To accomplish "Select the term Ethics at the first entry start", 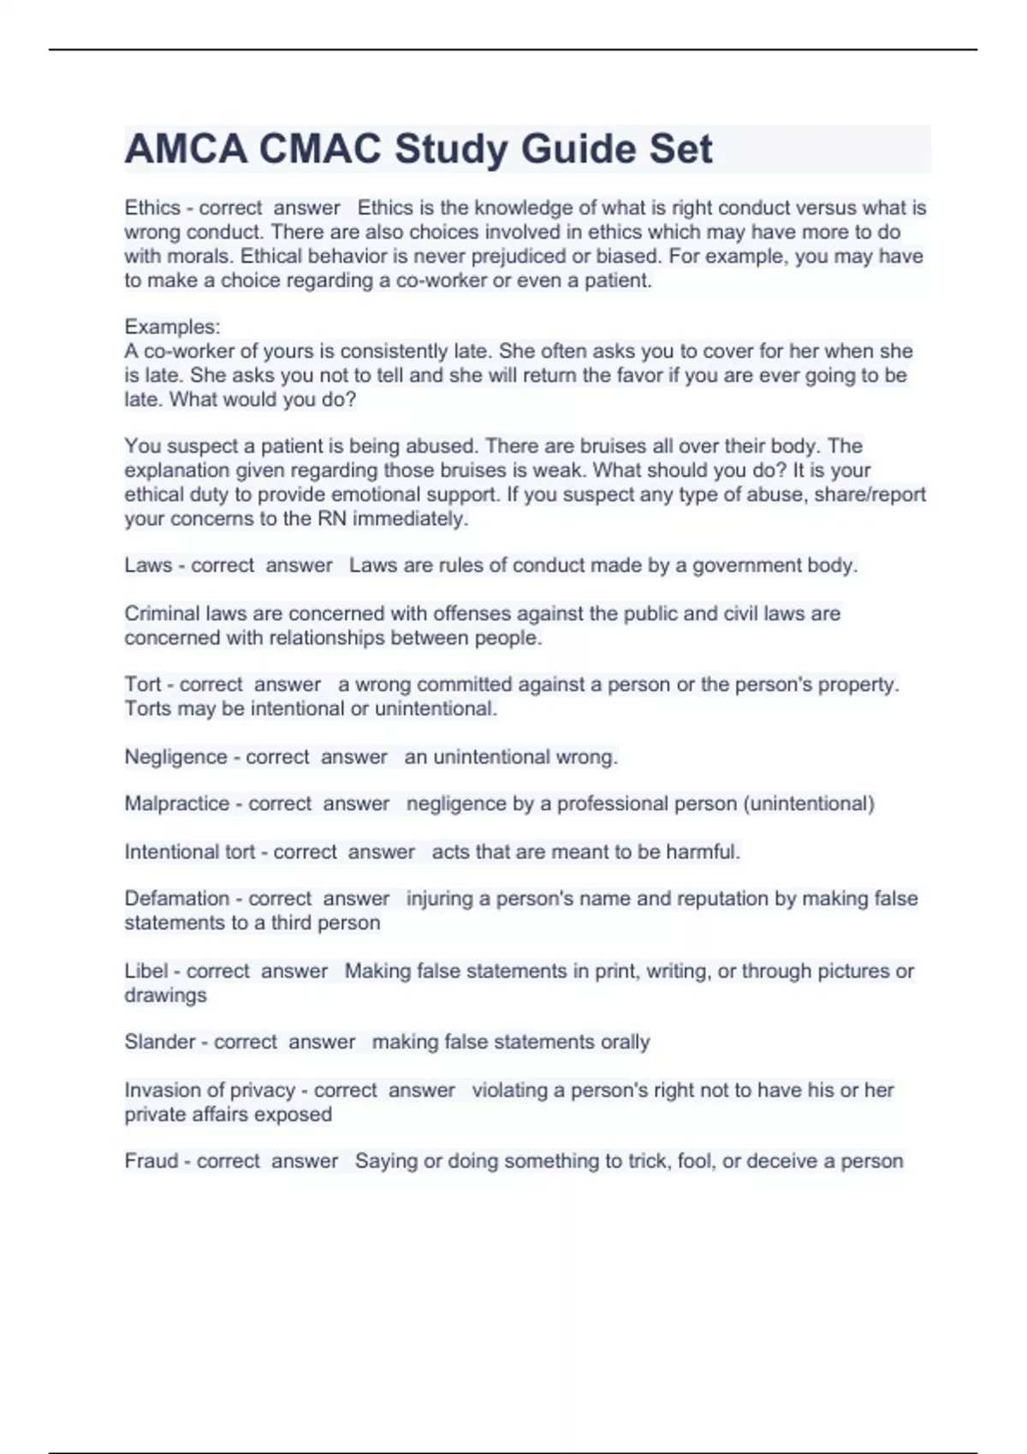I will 152,208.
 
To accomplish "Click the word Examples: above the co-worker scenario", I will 172,327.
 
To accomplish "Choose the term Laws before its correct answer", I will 148,565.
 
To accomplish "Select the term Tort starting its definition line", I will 142,684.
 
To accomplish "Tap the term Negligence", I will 175,757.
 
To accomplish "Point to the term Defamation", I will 177,899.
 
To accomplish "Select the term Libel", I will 146,971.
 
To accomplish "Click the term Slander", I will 160,1042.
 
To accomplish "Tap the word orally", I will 626,1042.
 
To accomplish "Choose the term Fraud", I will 151,1161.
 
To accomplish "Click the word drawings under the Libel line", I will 165,996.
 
